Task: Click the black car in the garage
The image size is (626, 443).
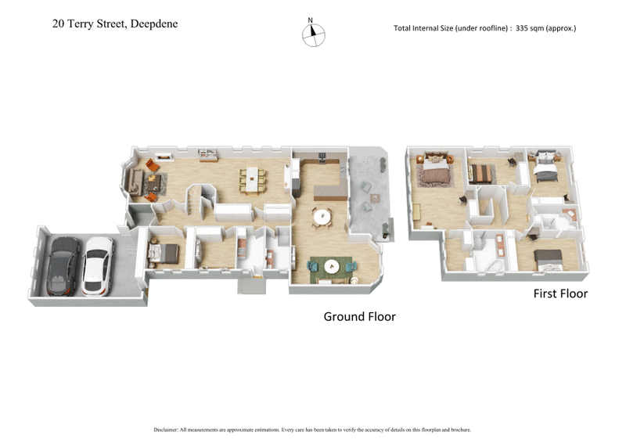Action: pos(63,265)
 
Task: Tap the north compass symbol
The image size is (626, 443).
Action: pos(313,32)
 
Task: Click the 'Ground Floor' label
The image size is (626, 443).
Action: pos(359,316)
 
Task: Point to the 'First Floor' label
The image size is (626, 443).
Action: pos(560,294)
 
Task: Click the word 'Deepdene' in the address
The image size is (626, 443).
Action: pos(153,23)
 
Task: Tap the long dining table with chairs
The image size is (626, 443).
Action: pos(252,179)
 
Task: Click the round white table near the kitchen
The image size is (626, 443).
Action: pos(322,216)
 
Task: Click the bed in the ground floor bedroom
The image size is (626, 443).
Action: pos(162,252)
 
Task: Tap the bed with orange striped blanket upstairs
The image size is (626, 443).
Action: pos(482,172)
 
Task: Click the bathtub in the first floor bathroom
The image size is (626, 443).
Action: pos(493,263)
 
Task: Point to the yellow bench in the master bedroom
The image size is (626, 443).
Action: pos(417,212)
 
